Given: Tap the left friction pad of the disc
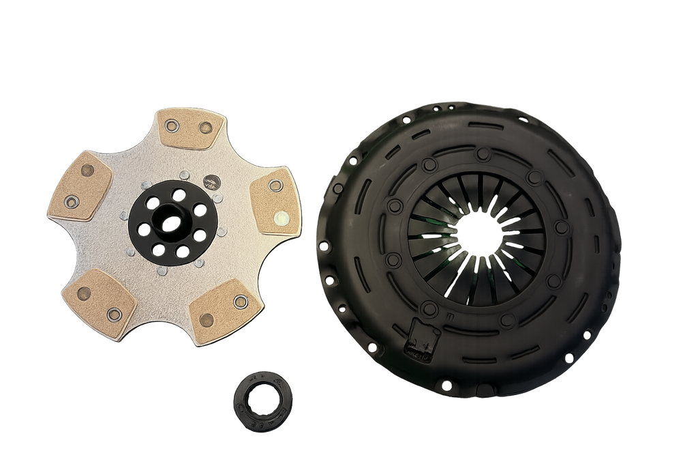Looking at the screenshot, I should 80,186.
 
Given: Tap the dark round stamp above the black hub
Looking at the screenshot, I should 212,181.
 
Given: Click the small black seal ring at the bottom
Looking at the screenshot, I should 262,401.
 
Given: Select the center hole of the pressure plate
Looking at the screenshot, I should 481,234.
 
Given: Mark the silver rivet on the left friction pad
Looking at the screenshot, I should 71,201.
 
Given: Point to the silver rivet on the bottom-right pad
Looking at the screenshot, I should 240,301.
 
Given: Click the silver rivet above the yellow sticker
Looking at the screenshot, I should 275,185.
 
